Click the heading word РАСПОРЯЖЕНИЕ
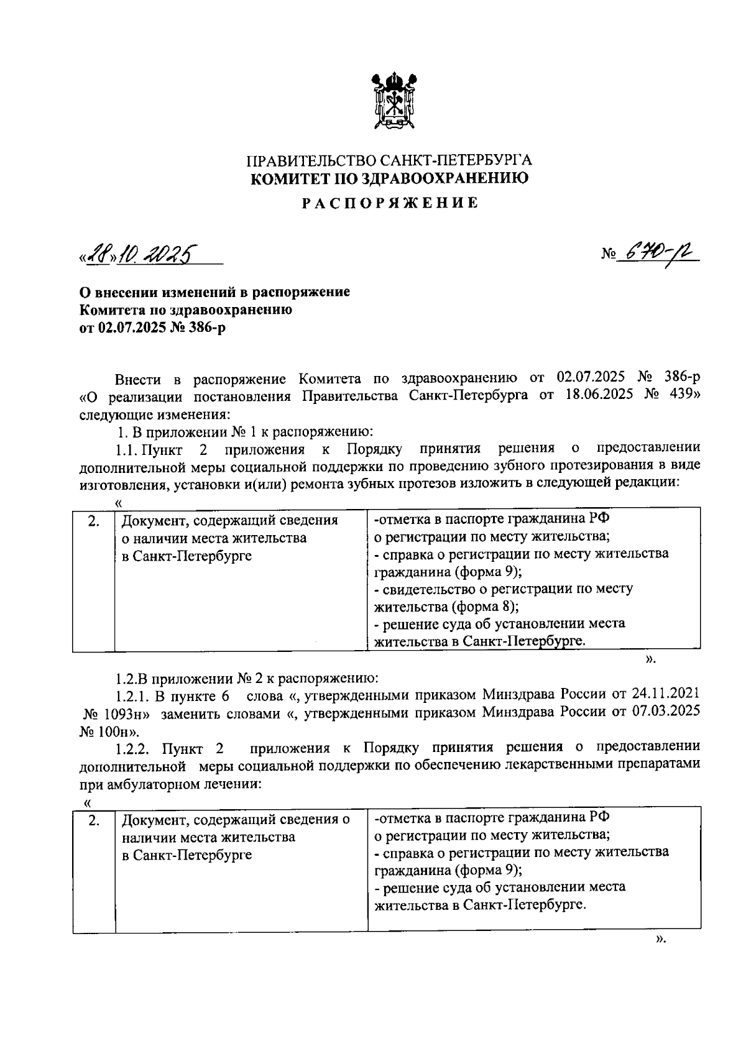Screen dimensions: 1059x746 (390, 203)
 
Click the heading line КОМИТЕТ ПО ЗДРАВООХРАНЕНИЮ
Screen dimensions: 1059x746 (390, 180)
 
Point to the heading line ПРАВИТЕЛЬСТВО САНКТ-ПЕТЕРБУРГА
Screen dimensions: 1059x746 (390, 161)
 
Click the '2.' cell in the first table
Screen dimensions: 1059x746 (93, 521)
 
